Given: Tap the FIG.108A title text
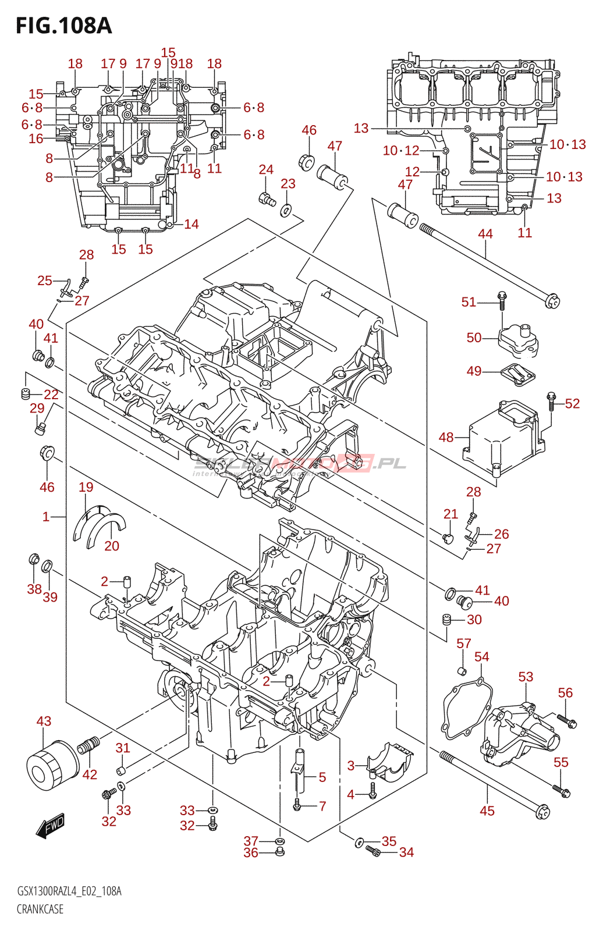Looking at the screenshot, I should (x=63, y=26).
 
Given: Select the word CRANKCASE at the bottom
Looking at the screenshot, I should (x=40, y=909).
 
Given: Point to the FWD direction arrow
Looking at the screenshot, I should (x=51, y=826).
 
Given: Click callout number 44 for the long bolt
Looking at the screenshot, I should (x=485, y=234).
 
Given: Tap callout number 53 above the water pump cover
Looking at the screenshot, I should (x=526, y=677).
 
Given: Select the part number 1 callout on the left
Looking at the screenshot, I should (x=46, y=516).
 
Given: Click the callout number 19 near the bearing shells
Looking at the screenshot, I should (x=86, y=487).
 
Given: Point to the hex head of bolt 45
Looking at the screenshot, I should (x=542, y=811).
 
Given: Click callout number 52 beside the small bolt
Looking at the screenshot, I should (x=572, y=403).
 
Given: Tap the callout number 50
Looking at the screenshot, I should (x=474, y=337).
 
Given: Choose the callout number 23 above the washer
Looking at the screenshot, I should (x=288, y=184).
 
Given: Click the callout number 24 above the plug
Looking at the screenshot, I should (x=266, y=169).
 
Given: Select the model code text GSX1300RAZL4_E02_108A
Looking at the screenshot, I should (x=69, y=891).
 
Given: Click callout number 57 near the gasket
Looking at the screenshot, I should (x=463, y=644).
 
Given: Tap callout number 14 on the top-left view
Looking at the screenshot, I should (x=191, y=224).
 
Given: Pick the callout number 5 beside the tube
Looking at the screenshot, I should (x=322, y=777).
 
